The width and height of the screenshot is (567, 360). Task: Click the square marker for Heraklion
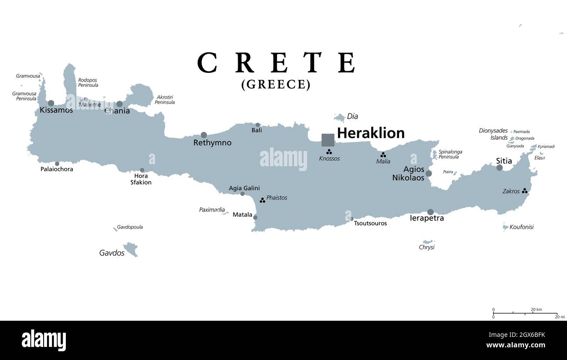click(328, 140)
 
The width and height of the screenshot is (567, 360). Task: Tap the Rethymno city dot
click(204, 135)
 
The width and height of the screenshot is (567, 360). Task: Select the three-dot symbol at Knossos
click(329, 152)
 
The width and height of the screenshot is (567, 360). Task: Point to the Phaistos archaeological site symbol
click(262, 200)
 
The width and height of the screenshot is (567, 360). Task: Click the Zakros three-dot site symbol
click(525, 191)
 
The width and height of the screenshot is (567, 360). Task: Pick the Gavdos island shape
click(130, 249)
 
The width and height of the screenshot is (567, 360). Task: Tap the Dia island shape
click(340, 117)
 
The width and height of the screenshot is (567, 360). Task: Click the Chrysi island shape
click(427, 242)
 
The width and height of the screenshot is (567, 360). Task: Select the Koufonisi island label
click(522, 227)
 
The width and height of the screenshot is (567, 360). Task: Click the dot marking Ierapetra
click(430, 212)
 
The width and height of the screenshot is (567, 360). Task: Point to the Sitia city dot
click(499, 168)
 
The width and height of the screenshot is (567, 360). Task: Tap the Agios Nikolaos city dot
click(429, 173)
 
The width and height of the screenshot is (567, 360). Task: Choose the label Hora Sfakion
click(141, 179)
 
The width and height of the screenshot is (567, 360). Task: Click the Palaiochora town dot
click(57, 164)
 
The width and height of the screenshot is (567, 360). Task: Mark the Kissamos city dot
click(51, 103)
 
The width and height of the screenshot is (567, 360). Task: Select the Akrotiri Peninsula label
click(165, 99)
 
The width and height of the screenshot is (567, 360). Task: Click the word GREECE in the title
click(276, 84)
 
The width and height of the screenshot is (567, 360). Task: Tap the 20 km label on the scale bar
click(536, 309)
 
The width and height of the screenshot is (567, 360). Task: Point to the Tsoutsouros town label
click(370, 223)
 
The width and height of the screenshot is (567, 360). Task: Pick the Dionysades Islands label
click(493, 134)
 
